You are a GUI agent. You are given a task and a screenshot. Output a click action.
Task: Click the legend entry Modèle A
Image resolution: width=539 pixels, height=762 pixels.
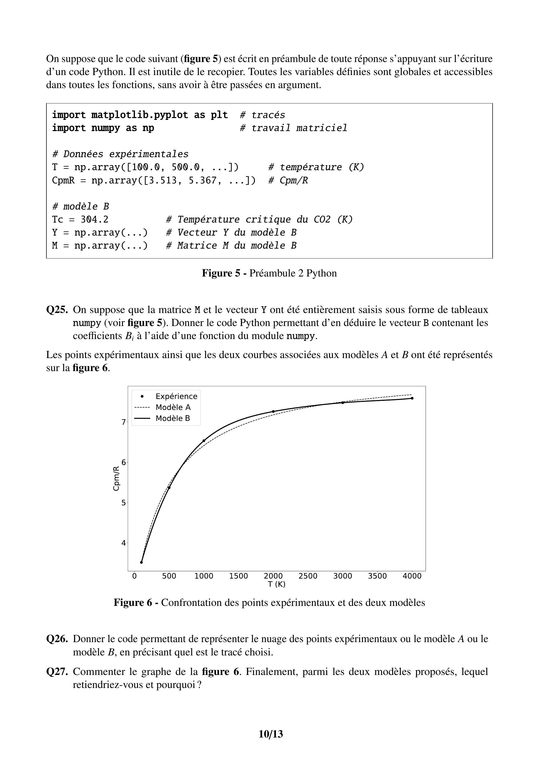tap(173, 407)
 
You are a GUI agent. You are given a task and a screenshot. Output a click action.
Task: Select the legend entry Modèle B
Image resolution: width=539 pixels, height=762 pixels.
tap(173, 418)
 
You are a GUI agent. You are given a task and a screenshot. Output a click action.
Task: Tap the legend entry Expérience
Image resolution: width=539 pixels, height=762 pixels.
tap(176, 396)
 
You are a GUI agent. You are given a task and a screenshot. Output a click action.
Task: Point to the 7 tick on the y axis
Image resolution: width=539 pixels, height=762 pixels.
tap(124, 422)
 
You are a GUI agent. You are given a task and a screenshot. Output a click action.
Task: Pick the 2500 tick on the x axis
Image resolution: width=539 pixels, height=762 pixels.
tap(308, 576)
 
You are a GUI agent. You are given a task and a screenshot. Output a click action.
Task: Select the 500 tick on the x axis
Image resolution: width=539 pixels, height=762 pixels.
tap(169, 576)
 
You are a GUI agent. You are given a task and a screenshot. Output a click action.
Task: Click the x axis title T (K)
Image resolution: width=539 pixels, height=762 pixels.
tap(277, 584)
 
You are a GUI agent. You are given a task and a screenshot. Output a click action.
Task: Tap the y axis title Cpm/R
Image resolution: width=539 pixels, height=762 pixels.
tap(116, 478)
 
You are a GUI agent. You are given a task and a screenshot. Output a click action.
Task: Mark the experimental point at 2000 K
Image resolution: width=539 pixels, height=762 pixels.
tap(273, 411)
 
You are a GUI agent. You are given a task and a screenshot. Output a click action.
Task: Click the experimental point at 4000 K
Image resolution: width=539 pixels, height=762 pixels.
tap(412, 398)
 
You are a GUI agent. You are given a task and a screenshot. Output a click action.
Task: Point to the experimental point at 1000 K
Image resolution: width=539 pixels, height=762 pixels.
tap(204, 441)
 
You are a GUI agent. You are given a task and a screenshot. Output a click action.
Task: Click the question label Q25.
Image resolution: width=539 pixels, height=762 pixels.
tap(57, 310)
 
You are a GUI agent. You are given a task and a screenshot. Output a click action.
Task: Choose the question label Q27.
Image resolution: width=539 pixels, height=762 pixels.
tap(57, 672)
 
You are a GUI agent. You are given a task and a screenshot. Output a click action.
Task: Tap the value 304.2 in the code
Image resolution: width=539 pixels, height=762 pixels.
tap(94, 220)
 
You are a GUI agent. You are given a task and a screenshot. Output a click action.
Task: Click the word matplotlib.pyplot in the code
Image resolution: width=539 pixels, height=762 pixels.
tap(140, 115)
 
